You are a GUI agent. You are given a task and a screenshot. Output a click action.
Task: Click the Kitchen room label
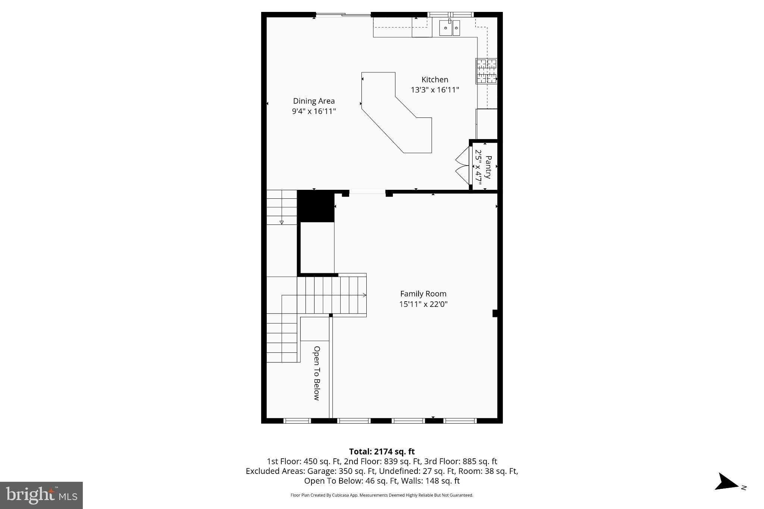435,79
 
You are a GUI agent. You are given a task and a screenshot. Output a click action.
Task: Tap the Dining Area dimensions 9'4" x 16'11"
314,111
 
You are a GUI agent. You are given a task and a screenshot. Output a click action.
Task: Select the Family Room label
423,294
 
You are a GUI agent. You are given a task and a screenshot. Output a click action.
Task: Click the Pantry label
488,167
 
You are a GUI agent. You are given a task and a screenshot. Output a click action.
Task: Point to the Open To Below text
317,373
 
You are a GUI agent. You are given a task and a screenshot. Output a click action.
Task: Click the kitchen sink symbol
450,28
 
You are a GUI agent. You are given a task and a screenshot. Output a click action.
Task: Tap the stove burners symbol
486,71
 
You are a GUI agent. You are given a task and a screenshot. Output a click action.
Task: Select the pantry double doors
463,166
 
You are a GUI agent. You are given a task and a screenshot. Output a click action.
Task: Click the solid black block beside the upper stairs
316,206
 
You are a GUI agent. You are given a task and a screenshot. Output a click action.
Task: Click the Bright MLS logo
41,495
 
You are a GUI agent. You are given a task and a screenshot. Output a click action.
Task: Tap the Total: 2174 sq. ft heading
382,452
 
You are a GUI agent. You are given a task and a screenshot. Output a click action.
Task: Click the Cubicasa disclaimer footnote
382,495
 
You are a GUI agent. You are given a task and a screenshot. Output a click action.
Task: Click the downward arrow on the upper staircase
282,222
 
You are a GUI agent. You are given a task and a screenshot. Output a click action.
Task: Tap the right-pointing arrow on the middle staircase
364,295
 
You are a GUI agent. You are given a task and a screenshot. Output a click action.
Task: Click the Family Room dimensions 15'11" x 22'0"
423,304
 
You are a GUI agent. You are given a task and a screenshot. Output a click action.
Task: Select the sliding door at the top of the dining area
343,15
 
